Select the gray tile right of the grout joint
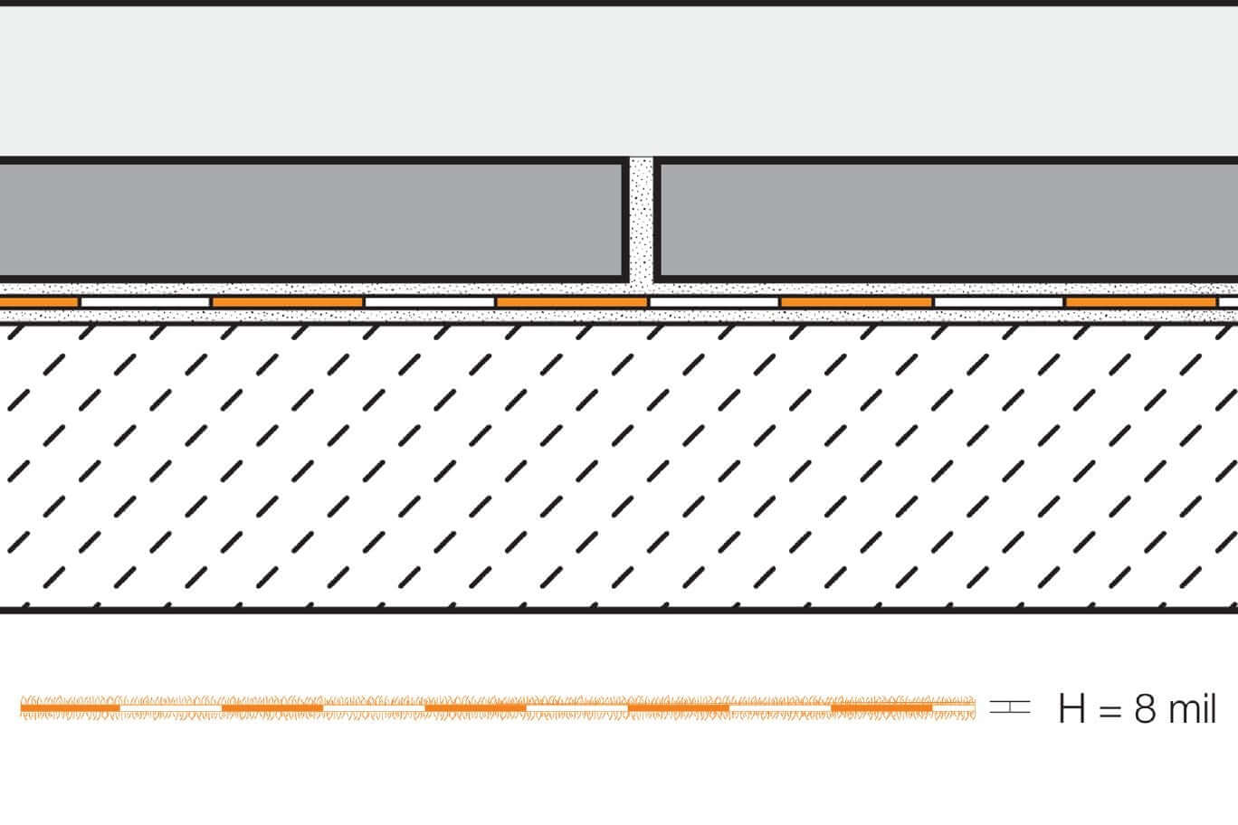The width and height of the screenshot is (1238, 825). [x=946, y=220]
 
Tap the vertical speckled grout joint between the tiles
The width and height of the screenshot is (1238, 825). [x=642, y=221]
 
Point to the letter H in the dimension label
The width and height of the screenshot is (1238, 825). [x=1071, y=708]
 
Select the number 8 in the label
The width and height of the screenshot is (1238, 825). [x=1145, y=708]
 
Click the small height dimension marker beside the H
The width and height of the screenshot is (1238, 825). [x=1010, y=706]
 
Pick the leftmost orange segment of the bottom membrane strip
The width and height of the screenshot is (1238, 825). [x=71, y=708]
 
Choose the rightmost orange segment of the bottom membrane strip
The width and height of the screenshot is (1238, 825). [x=881, y=708]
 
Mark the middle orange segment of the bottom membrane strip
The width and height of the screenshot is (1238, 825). [x=475, y=708]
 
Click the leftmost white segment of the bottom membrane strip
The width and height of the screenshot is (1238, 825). [x=171, y=708]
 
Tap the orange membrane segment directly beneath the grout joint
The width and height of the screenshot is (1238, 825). [x=571, y=302]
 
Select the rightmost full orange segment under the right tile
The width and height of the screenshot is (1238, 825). [x=1141, y=302]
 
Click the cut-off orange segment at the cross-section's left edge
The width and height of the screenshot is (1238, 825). [x=39, y=302]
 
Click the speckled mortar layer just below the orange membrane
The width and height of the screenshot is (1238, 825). [x=619, y=315]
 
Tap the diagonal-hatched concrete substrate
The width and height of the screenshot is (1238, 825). [x=619, y=466]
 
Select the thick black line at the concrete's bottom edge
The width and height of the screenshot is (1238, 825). [x=619, y=610]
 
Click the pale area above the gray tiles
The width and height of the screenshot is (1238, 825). [x=619, y=81]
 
